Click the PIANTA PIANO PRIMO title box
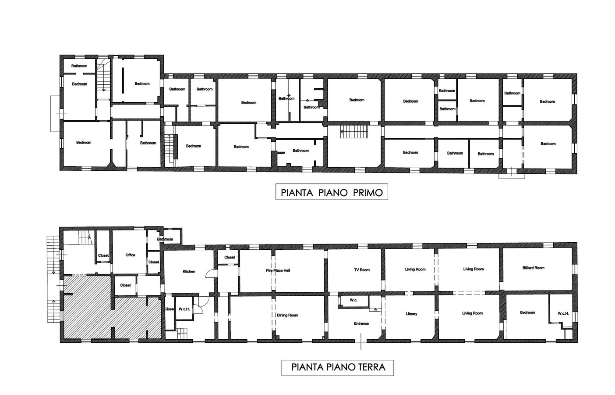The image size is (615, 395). pos(332,192)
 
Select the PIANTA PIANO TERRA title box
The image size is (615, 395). pos(337,367)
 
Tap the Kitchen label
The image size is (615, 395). pos(189,272)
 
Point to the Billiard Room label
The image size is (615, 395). pos(533,268)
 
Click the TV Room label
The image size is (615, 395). pos(362,270)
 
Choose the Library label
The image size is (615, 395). pos(411,314)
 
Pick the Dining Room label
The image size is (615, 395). pos(287,315)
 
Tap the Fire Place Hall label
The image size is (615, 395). pos(278,270)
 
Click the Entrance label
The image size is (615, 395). pos(361,323)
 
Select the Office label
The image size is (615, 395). pos(130,255)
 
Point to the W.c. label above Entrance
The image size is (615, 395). pos(353,300)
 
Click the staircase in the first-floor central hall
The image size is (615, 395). pos(350,131)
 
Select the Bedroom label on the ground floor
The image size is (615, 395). pos(527,312)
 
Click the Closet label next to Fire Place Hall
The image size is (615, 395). pos(230,257)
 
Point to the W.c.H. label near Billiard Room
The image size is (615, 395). pos(563,313)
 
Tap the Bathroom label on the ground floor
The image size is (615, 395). pos(165,239)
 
